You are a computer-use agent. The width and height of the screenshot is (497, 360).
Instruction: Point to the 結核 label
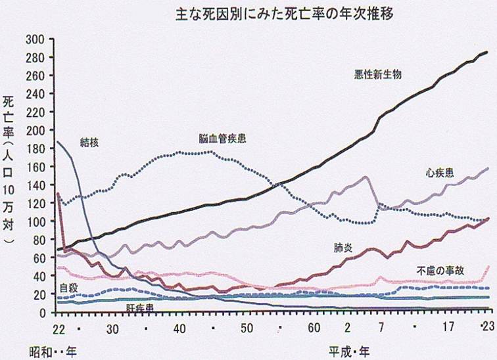(89, 141)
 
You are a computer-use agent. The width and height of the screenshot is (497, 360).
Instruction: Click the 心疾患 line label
(439, 173)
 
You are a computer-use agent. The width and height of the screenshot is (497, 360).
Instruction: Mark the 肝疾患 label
(140, 307)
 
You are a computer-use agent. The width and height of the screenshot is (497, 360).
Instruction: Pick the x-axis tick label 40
(179, 326)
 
